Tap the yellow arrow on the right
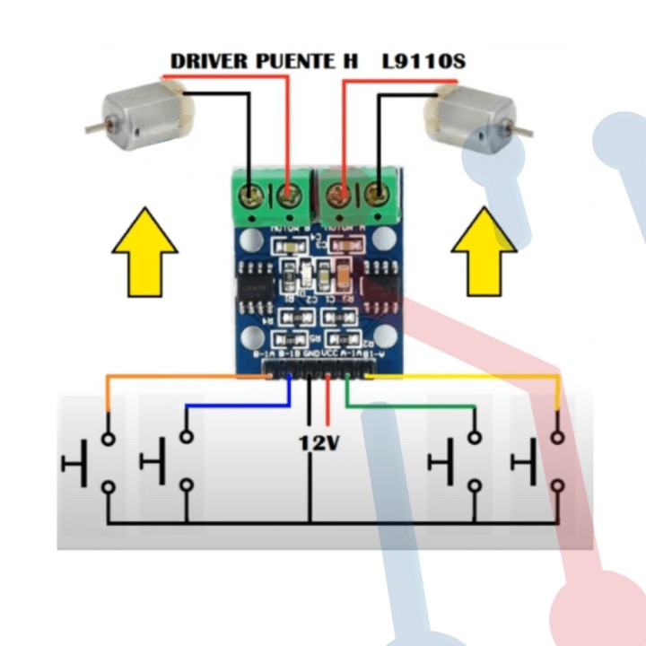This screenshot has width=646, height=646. (x=484, y=251)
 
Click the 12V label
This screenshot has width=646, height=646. (x=319, y=442)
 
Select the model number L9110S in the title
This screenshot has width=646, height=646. (x=423, y=62)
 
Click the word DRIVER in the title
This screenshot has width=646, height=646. (x=209, y=62)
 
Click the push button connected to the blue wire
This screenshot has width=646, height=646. (x=170, y=461)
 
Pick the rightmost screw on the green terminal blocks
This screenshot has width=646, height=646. (x=380, y=193)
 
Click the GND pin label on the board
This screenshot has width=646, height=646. (x=311, y=354)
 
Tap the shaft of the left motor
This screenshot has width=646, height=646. (x=93, y=128)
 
